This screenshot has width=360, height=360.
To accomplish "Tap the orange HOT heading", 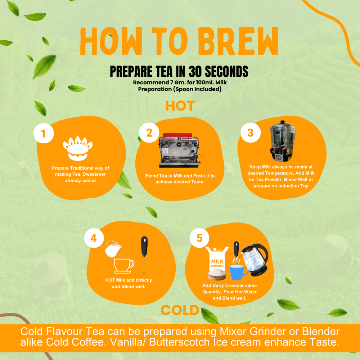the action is point(180,106).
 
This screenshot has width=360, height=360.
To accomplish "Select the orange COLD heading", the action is point(180,310).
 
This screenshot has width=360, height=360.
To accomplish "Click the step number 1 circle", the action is point(44,134).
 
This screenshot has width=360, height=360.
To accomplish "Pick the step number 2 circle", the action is point(149,133).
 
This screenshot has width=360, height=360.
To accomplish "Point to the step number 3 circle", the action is point(251,132).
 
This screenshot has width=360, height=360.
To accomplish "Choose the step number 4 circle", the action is point(94,238).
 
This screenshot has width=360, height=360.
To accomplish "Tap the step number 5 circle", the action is point(199,238).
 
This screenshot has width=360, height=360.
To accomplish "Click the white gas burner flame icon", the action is point(78,148).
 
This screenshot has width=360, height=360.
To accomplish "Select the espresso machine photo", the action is point(179,150).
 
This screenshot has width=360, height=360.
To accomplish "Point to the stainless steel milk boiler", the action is point(283,141).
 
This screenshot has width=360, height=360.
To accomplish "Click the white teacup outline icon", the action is point(124,266).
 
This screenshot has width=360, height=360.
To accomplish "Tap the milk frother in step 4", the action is point(144,255).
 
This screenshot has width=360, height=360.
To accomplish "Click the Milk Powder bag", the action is point(217,263).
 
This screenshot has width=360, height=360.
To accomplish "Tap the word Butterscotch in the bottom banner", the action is point(179,342).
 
